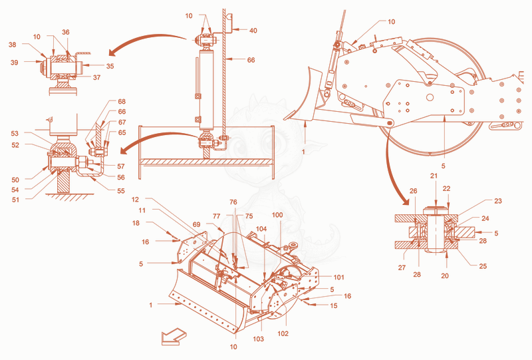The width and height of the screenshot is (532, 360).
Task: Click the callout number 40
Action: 253,31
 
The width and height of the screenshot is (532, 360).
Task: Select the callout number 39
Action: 14,63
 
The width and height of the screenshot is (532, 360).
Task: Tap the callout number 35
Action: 110,66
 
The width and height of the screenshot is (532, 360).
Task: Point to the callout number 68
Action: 122,102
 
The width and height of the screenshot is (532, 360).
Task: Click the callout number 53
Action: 15,134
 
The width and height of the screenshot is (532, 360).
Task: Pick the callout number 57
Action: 121,166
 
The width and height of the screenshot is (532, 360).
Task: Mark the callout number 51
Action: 15,200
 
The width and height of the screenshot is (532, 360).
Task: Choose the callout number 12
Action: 135,200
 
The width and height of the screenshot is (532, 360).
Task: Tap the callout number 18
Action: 136,223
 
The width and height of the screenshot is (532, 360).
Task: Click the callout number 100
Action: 277,215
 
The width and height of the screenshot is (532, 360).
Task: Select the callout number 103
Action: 258,339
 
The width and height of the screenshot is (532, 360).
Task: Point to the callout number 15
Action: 334,305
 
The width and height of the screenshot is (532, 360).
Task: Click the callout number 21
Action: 434,176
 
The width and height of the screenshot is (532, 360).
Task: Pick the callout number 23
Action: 497,201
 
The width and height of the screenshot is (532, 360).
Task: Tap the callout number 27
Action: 402,268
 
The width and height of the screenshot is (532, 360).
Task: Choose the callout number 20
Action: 445,275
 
